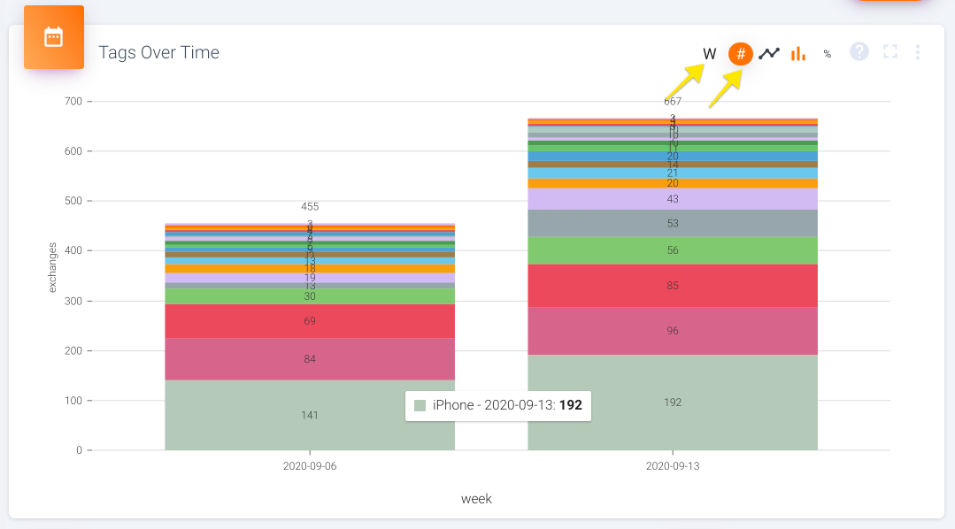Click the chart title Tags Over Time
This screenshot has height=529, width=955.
coord(158,53)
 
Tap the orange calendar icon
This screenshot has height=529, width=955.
coord(54,37)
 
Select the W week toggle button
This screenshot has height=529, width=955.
coord(709,54)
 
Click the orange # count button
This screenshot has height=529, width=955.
coord(741,54)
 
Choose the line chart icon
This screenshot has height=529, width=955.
coord(769,54)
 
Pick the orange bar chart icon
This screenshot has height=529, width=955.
coord(798,54)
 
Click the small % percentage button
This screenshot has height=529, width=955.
coord(828,54)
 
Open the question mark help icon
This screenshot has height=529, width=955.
coord(859,52)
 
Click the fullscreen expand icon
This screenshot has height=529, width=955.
coord(890,52)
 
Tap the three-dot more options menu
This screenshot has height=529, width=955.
coord(918,53)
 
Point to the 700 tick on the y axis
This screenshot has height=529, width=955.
coord(73,102)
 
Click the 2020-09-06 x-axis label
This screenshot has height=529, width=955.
coord(310,465)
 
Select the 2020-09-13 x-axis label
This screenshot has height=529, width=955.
coord(673,465)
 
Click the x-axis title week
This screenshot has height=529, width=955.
coord(476,499)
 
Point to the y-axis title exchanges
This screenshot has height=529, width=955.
coord(53,267)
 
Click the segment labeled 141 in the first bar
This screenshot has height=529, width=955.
coord(310,415)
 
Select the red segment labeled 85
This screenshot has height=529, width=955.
coord(673,286)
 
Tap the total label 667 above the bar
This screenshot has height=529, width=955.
coord(673,102)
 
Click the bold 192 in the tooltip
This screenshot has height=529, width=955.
coord(570,405)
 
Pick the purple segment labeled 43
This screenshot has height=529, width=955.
coord(673,199)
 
